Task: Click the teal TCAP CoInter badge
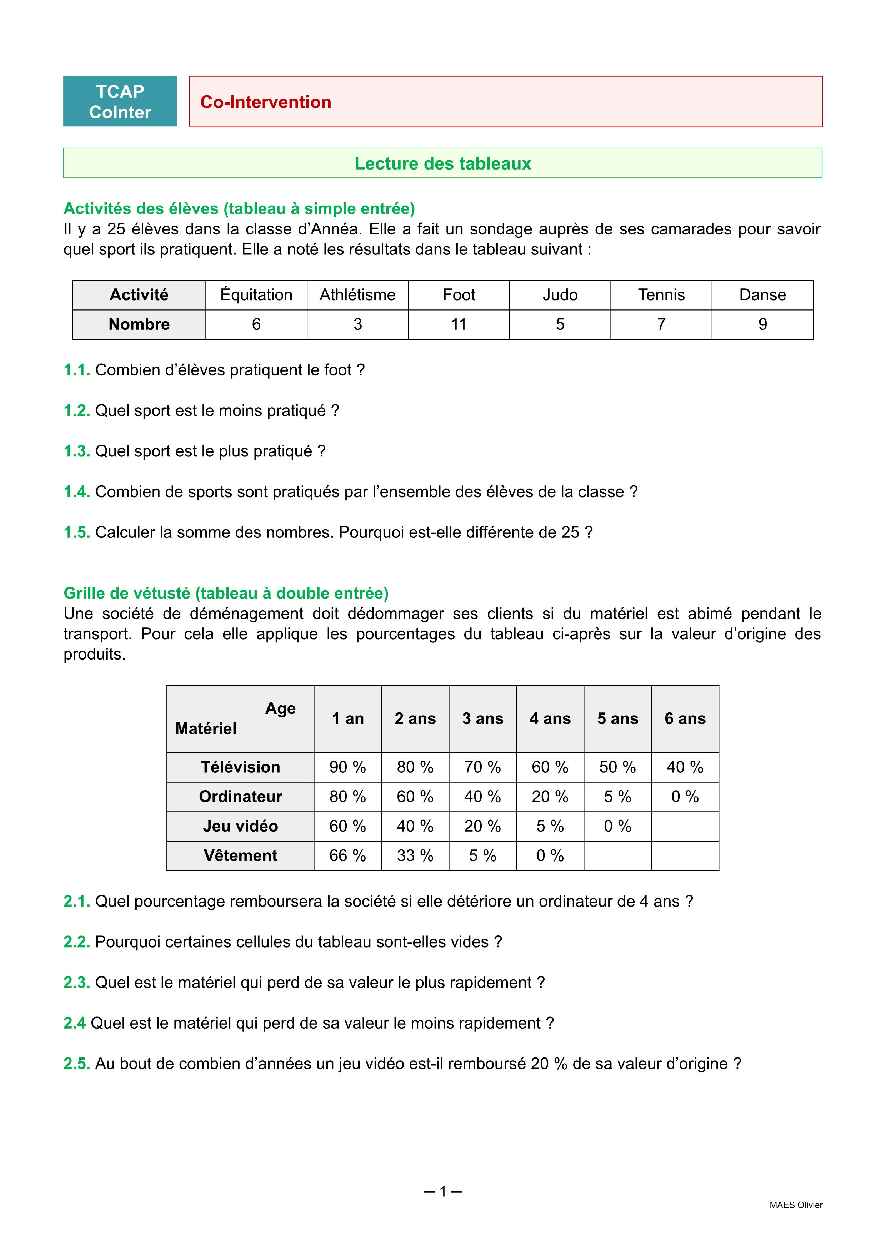pos(120,101)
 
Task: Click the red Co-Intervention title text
pos(266,102)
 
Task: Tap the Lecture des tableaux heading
pos(442,163)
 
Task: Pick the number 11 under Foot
pos(459,324)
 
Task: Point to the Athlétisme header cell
pos(357,295)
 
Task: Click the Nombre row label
pos(139,324)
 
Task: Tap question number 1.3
pos(76,451)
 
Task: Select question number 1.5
pos(76,533)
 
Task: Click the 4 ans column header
pos(550,719)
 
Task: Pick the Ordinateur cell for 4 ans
pos(550,797)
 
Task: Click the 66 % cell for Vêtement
pos(347,855)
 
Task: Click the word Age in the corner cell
pos(280,708)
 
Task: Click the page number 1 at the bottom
pos(443,1191)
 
